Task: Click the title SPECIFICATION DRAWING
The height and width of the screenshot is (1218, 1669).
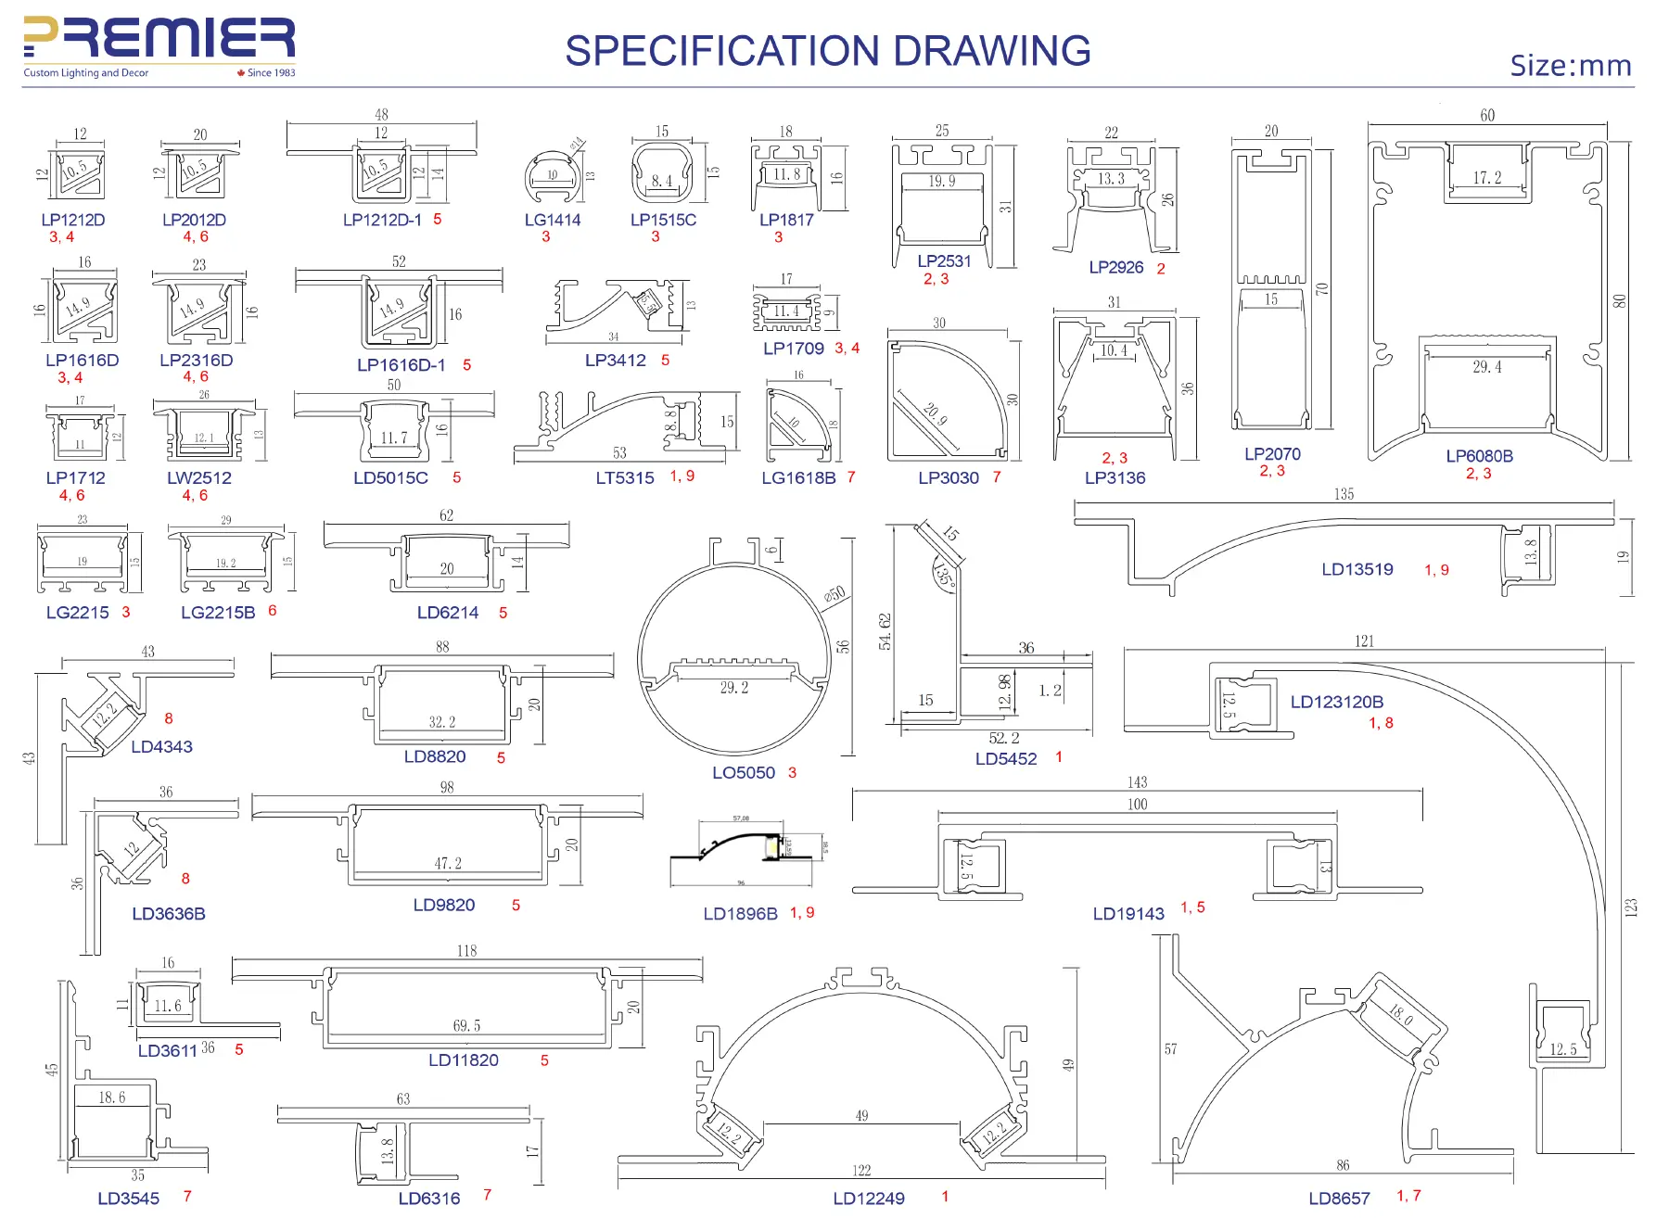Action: (x=827, y=51)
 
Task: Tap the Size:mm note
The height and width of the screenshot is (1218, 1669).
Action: (x=1570, y=66)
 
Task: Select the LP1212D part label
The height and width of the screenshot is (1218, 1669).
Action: (x=73, y=220)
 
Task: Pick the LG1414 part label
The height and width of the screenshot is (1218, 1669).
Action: (x=553, y=220)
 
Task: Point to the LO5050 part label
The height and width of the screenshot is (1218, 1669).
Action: (x=744, y=772)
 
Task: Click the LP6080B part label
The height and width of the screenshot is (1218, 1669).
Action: (x=1479, y=456)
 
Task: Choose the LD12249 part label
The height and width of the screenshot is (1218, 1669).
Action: (x=869, y=1198)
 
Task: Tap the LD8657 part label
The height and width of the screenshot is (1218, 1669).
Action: (x=1339, y=1198)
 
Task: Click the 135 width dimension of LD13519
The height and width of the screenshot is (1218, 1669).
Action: (x=1344, y=494)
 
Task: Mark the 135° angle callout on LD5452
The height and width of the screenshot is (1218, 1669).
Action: (x=944, y=575)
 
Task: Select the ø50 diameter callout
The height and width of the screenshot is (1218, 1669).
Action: (x=834, y=594)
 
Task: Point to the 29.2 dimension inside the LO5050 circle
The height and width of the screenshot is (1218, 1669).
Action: (x=733, y=688)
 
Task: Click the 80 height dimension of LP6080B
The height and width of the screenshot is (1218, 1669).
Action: (x=1619, y=301)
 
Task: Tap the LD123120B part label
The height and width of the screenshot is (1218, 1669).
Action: (x=1336, y=702)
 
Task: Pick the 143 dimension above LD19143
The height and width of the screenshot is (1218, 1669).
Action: (x=1137, y=782)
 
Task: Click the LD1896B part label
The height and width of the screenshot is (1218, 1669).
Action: (x=740, y=913)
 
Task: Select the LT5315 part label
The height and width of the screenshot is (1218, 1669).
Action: (x=625, y=477)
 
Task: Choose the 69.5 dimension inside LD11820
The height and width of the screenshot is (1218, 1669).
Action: (x=466, y=1025)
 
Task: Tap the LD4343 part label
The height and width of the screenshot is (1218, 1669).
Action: (x=161, y=746)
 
